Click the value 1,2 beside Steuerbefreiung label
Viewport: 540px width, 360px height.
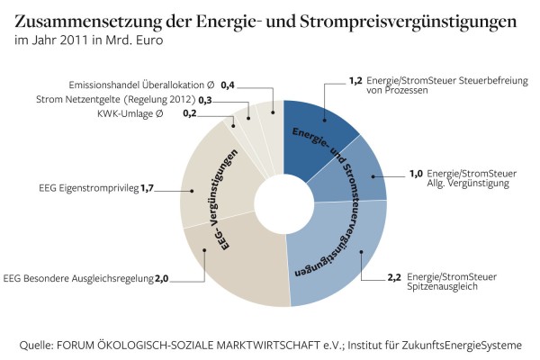click(x=355, y=80)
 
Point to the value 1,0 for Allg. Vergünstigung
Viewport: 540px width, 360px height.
click(x=416, y=173)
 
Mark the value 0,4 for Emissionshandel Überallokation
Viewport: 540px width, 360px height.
click(x=228, y=84)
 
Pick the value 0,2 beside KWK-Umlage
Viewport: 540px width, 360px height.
click(x=189, y=113)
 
